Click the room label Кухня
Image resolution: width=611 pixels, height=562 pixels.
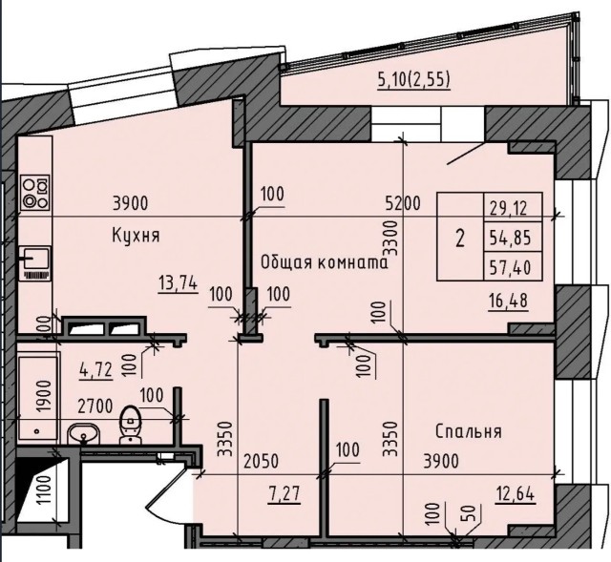136,236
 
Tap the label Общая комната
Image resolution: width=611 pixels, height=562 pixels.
325,262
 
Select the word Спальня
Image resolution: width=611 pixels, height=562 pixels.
468,431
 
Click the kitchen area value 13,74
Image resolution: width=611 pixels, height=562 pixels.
179,282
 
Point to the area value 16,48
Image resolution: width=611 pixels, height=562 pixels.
508,301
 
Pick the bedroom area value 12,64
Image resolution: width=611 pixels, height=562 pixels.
516,494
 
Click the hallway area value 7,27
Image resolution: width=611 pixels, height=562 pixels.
284,494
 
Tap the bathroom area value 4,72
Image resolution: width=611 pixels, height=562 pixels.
95,369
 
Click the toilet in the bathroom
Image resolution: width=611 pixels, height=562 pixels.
131,426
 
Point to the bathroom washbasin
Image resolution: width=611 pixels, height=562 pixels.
84,433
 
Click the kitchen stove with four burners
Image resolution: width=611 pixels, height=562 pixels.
35,193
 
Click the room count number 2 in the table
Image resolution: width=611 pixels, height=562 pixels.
460,238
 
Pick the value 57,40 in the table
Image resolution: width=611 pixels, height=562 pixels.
510,267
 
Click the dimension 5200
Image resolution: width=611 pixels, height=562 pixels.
403,203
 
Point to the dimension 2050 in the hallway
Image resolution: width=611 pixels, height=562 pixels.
261,462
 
